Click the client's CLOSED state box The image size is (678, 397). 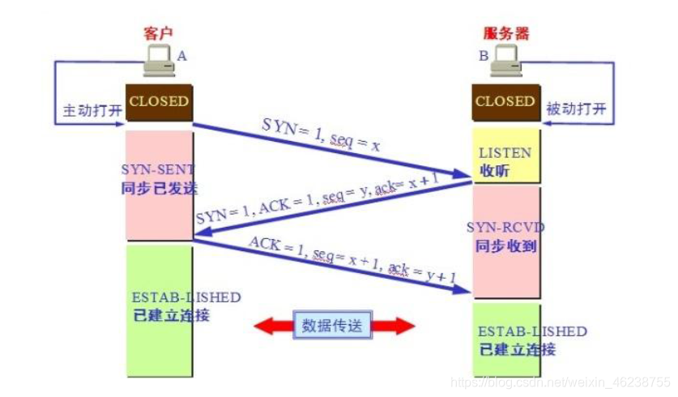(159, 102)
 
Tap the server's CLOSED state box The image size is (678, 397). (505, 102)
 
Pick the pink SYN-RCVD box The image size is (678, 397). (505, 241)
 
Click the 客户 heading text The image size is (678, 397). (158, 33)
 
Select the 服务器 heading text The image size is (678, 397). (505, 33)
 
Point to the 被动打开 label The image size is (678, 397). (576, 109)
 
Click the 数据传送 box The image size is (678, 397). (335, 327)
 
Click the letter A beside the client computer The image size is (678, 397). (181, 56)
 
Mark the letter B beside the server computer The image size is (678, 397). (484, 56)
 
